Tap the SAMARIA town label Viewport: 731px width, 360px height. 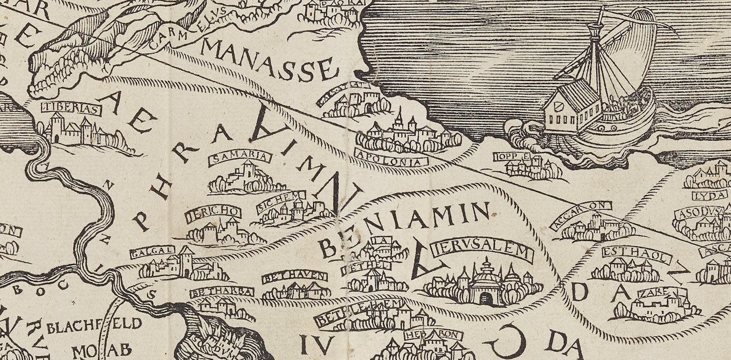(239, 157)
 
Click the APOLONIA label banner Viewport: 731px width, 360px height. (391, 160)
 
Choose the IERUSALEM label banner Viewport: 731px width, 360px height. (482, 252)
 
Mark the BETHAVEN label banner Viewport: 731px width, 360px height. (294, 278)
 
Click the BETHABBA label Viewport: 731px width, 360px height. (222, 292)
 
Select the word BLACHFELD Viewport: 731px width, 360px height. (94, 325)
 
